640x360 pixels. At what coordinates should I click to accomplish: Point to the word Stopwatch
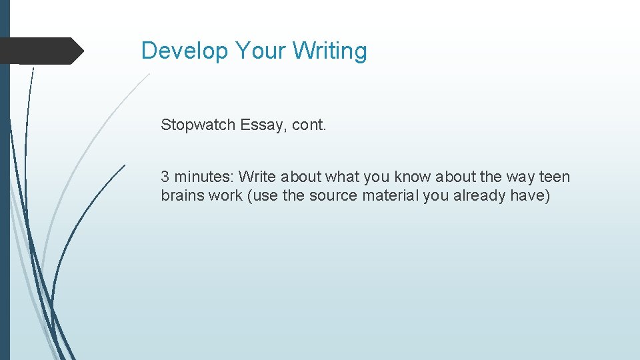tap(197, 125)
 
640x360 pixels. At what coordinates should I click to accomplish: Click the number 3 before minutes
tap(165, 177)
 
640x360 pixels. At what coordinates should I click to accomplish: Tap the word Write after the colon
tap(257, 177)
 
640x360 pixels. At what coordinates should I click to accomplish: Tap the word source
tap(333, 196)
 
